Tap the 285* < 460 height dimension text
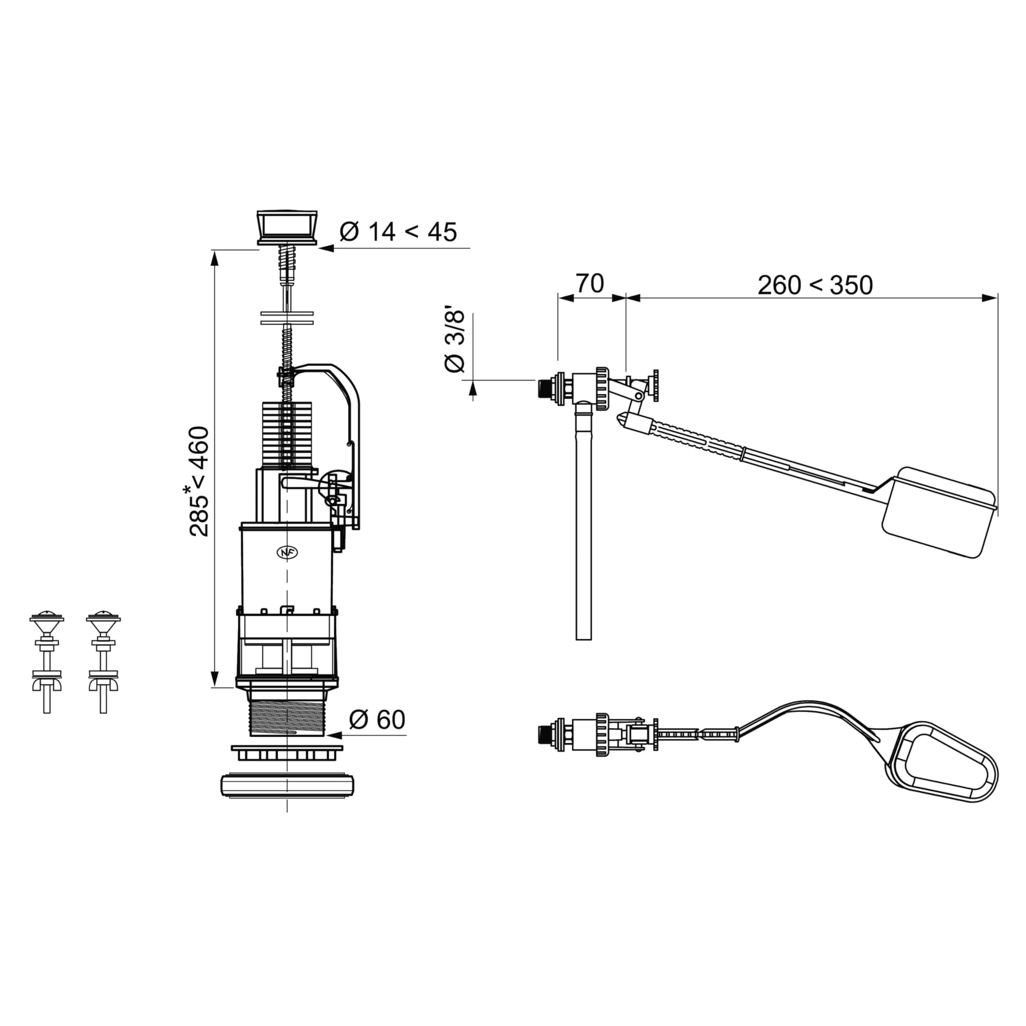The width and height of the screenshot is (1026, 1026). pyautogui.click(x=200, y=481)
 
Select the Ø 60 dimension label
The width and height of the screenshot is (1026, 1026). pyautogui.click(x=378, y=719)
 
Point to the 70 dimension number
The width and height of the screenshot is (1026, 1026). pyautogui.click(x=590, y=284)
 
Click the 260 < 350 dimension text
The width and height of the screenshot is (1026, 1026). pyautogui.click(x=815, y=285)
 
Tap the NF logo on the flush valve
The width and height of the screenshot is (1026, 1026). pyautogui.click(x=287, y=552)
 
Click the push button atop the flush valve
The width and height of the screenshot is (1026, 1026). pyautogui.click(x=287, y=227)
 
